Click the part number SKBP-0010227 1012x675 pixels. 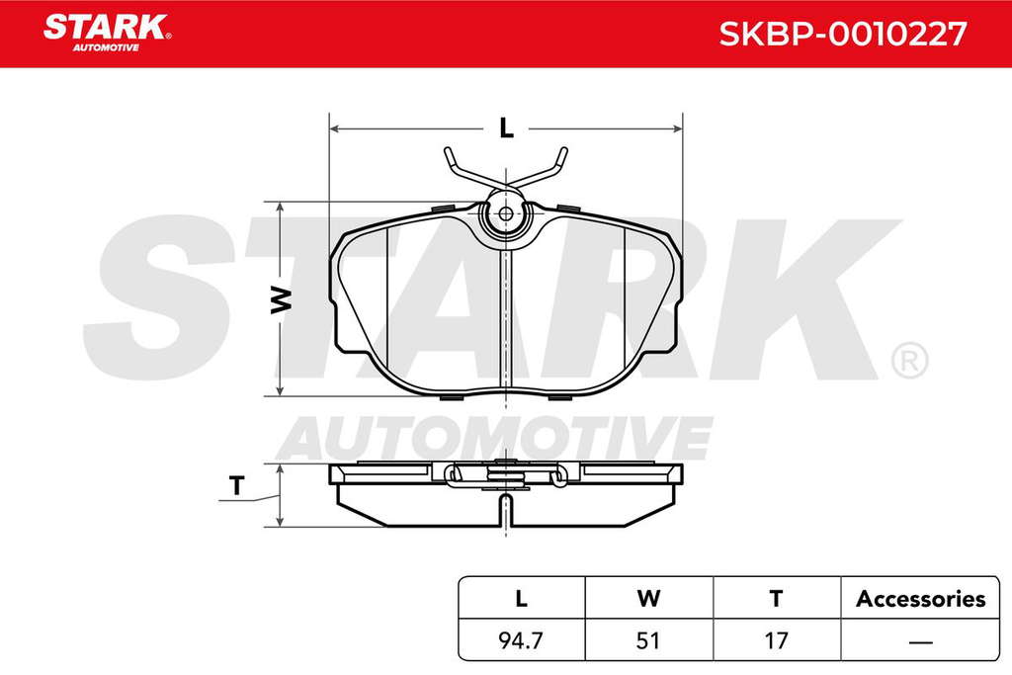(x=843, y=34)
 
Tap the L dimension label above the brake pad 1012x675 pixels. (x=507, y=128)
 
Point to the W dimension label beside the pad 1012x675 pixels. (x=281, y=298)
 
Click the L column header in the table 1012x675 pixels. (x=521, y=598)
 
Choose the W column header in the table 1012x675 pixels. (x=648, y=598)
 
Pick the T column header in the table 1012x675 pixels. (x=777, y=598)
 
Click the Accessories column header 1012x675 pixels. (x=920, y=599)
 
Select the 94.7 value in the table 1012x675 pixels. (x=521, y=640)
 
